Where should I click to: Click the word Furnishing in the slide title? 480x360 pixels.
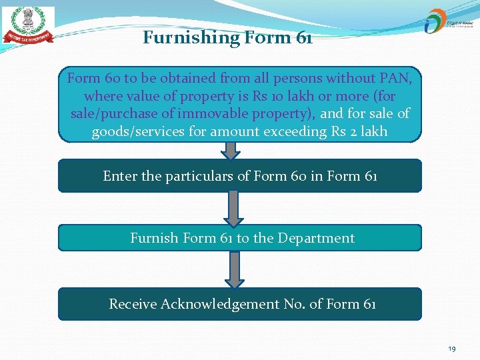point(183,37)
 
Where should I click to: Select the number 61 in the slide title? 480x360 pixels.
point(303,37)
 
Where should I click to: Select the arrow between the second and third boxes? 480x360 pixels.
point(233,209)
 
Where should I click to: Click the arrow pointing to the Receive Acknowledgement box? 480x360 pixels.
point(233,269)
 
